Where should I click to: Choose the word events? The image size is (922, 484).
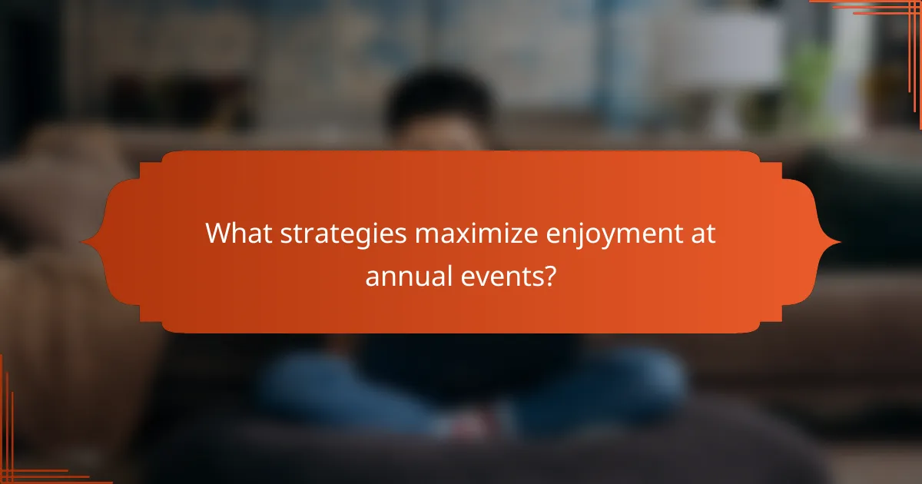click(x=506, y=274)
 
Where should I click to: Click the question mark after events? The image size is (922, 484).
click(x=549, y=274)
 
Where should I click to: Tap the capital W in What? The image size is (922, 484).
click(x=218, y=234)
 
